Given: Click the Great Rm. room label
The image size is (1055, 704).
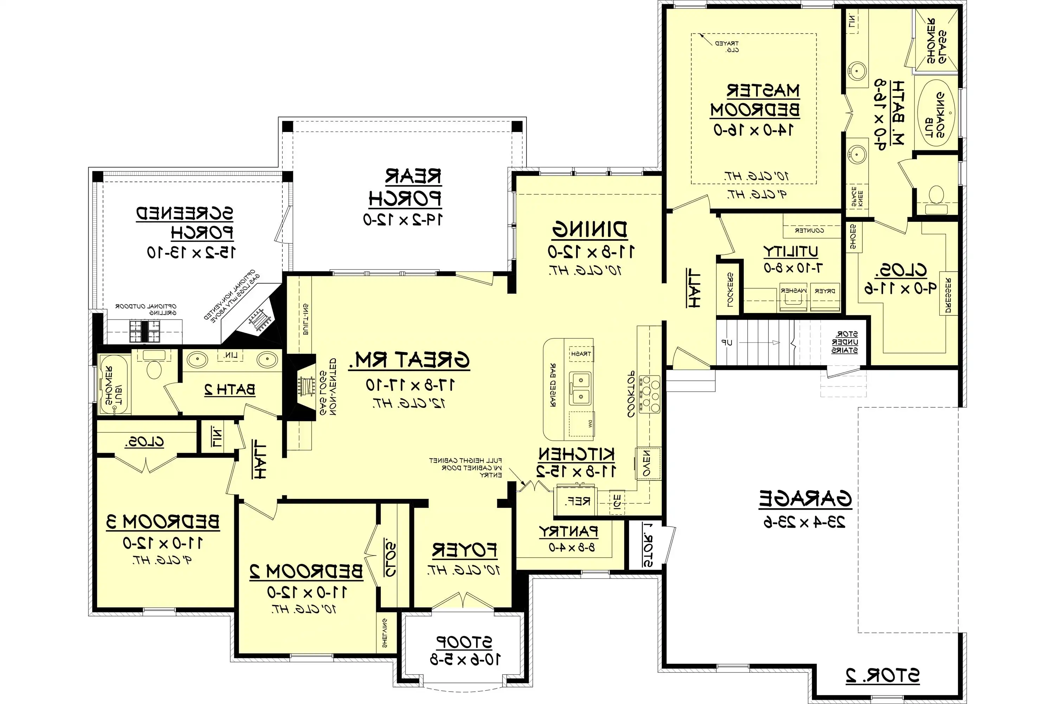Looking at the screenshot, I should pyautogui.click(x=409, y=360).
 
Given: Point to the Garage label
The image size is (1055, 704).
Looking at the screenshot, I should pyautogui.click(x=805, y=498).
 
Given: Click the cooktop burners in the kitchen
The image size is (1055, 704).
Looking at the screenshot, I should pyautogui.click(x=650, y=394).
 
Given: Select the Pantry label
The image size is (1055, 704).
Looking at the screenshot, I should pyautogui.click(x=568, y=532).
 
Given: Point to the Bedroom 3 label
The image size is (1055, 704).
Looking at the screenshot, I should pyautogui.click(x=163, y=522).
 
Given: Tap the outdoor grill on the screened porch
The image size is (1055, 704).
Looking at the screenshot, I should pyautogui.click(x=145, y=331).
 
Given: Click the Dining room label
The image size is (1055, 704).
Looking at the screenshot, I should pyautogui.click(x=589, y=230).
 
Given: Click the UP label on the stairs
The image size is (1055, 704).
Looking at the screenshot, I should pyautogui.click(x=727, y=343).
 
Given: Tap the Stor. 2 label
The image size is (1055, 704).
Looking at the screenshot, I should pyautogui.click(x=882, y=676).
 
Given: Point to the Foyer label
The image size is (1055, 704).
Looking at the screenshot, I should pyautogui.click(x=464, y=550).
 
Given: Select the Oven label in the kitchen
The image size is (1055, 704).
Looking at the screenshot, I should pyautogui.click(x=647, y=463).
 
